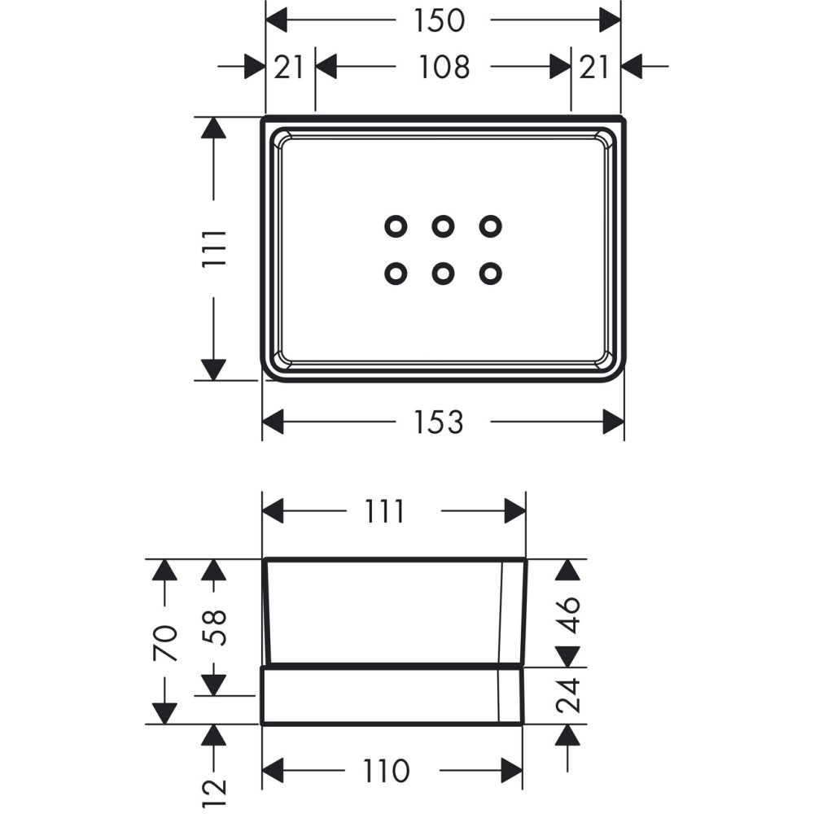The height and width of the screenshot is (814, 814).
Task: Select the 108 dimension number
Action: click(x=444, y=67)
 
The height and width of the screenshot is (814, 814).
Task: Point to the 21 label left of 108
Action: click(x=288, y=67)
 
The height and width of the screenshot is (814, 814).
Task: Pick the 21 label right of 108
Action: click(x=594, y=67)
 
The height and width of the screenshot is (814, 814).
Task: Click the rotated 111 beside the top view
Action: click(x=213, y=248)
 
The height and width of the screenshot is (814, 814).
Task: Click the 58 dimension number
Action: click(x=213, y=627)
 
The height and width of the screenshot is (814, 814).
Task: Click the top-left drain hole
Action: click(x=396, y=225)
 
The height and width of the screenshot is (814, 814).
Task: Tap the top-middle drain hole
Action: click(x=443, y=225)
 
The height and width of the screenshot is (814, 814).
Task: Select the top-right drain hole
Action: click(x=489, y=225)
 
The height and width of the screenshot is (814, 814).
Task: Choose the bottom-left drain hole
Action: click(x=396, y=274)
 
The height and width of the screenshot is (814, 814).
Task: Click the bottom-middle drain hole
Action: click(x=443, y=274)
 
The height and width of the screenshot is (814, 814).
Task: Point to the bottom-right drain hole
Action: click(x=489, y=274)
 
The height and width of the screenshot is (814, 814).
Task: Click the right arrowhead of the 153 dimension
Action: click(x=612, y=422)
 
